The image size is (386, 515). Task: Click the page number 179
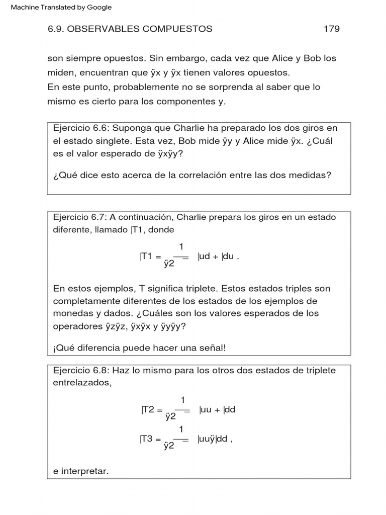331,29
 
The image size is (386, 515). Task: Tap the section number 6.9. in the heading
56,29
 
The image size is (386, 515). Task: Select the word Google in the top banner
100,8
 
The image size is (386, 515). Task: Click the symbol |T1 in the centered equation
146,255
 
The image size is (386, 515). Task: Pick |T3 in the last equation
147,438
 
